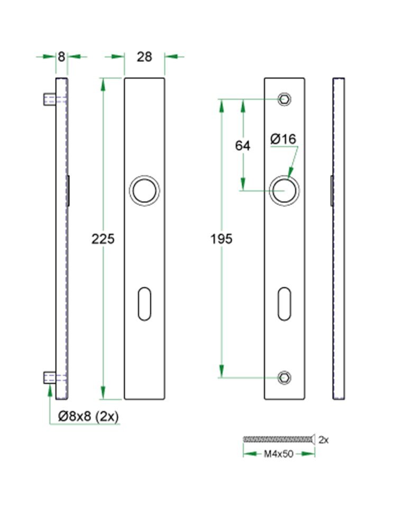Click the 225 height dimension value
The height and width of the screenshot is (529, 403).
(103, 239)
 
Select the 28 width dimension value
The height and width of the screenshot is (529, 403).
(144, 57)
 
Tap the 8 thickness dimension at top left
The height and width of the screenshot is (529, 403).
(62, 57)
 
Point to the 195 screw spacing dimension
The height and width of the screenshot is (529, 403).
(222, 239)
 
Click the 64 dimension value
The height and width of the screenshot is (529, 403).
(243, 146)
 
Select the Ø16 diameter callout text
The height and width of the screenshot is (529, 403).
(283, 139)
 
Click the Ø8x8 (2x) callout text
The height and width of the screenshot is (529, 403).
(89, 416)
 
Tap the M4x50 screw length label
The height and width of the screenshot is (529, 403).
(278, 454)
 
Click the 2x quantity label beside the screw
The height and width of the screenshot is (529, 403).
(324, 439)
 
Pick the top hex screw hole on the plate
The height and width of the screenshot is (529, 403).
(285, 99)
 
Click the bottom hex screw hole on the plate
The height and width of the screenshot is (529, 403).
(285, 377)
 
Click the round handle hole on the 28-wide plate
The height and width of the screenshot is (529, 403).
(144, 190)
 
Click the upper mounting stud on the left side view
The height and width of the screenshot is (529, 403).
(49, 99)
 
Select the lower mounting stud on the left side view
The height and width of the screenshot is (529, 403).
(49, 378)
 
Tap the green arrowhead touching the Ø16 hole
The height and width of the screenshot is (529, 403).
(290, 173)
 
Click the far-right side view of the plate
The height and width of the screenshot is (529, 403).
(339, 238)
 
